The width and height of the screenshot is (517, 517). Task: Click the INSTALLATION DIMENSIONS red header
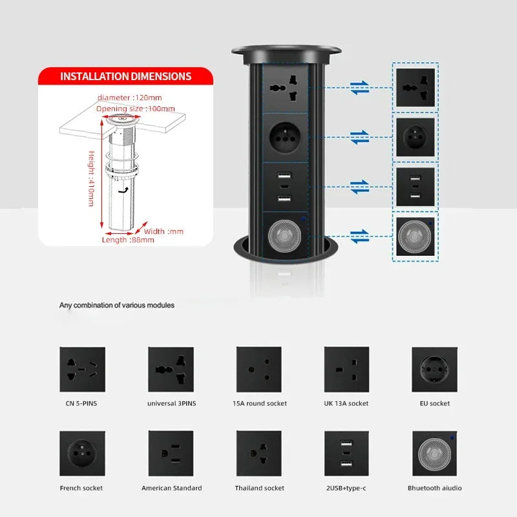125,76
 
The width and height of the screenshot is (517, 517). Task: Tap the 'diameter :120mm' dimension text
130,98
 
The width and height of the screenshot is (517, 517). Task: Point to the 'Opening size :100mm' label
129,109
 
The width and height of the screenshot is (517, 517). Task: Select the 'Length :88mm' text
128,240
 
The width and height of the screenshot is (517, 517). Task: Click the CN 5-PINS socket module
83,369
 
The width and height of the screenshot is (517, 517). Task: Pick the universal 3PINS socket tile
171,369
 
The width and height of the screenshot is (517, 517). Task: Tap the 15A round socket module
258,369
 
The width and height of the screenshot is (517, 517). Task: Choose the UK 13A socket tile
346,369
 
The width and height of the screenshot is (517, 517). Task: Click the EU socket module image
434,369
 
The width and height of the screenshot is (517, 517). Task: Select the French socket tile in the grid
83,453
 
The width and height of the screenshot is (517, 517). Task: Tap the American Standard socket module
171,453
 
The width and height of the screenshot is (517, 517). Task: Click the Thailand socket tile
258,453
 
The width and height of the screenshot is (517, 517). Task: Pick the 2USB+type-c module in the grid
346,453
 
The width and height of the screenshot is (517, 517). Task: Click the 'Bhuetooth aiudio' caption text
434,488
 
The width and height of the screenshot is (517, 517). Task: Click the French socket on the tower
284,136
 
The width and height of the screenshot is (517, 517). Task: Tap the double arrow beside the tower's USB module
360,187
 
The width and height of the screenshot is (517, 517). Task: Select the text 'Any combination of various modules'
117,305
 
